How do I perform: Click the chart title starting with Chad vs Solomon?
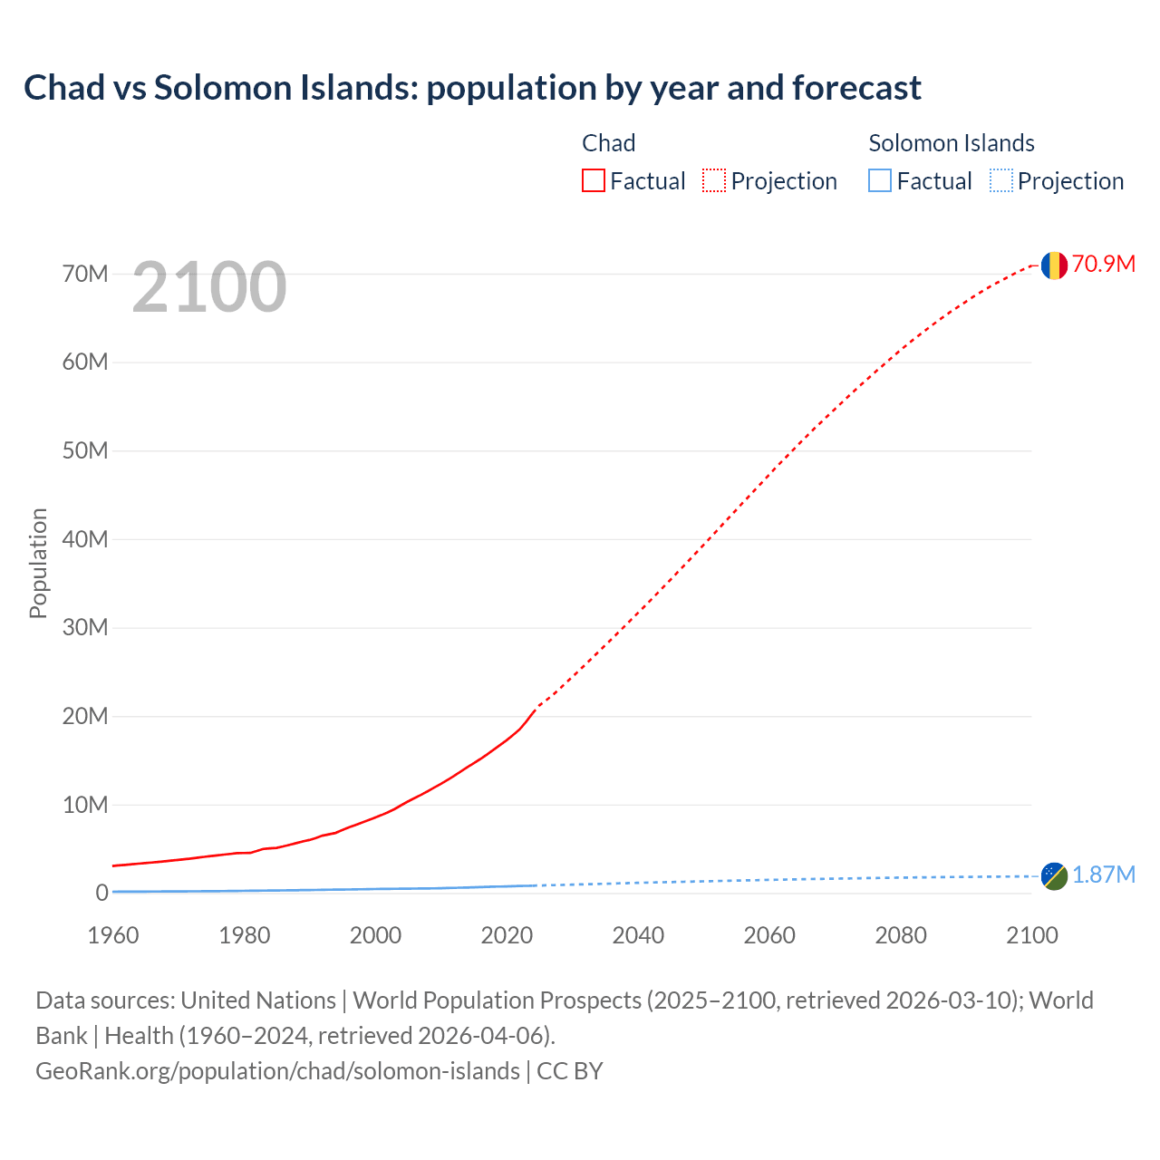472,88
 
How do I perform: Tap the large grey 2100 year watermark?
209,287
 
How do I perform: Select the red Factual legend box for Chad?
594,181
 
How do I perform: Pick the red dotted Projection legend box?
714,181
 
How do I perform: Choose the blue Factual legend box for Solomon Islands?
880,181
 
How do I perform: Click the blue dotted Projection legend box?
1001,181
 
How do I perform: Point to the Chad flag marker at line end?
1053,265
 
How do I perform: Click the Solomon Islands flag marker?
1054,875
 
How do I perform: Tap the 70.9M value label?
1104,264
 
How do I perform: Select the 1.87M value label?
1104,875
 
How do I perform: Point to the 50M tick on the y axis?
85,450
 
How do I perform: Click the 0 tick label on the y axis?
101,893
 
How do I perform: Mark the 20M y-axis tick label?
85,716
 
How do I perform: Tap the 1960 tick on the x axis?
113,935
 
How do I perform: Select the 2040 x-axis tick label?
638,935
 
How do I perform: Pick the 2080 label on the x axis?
901,935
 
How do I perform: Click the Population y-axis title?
38,563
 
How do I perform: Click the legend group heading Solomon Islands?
952,143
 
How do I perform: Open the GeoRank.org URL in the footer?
277,1071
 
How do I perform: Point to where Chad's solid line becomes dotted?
536,708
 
